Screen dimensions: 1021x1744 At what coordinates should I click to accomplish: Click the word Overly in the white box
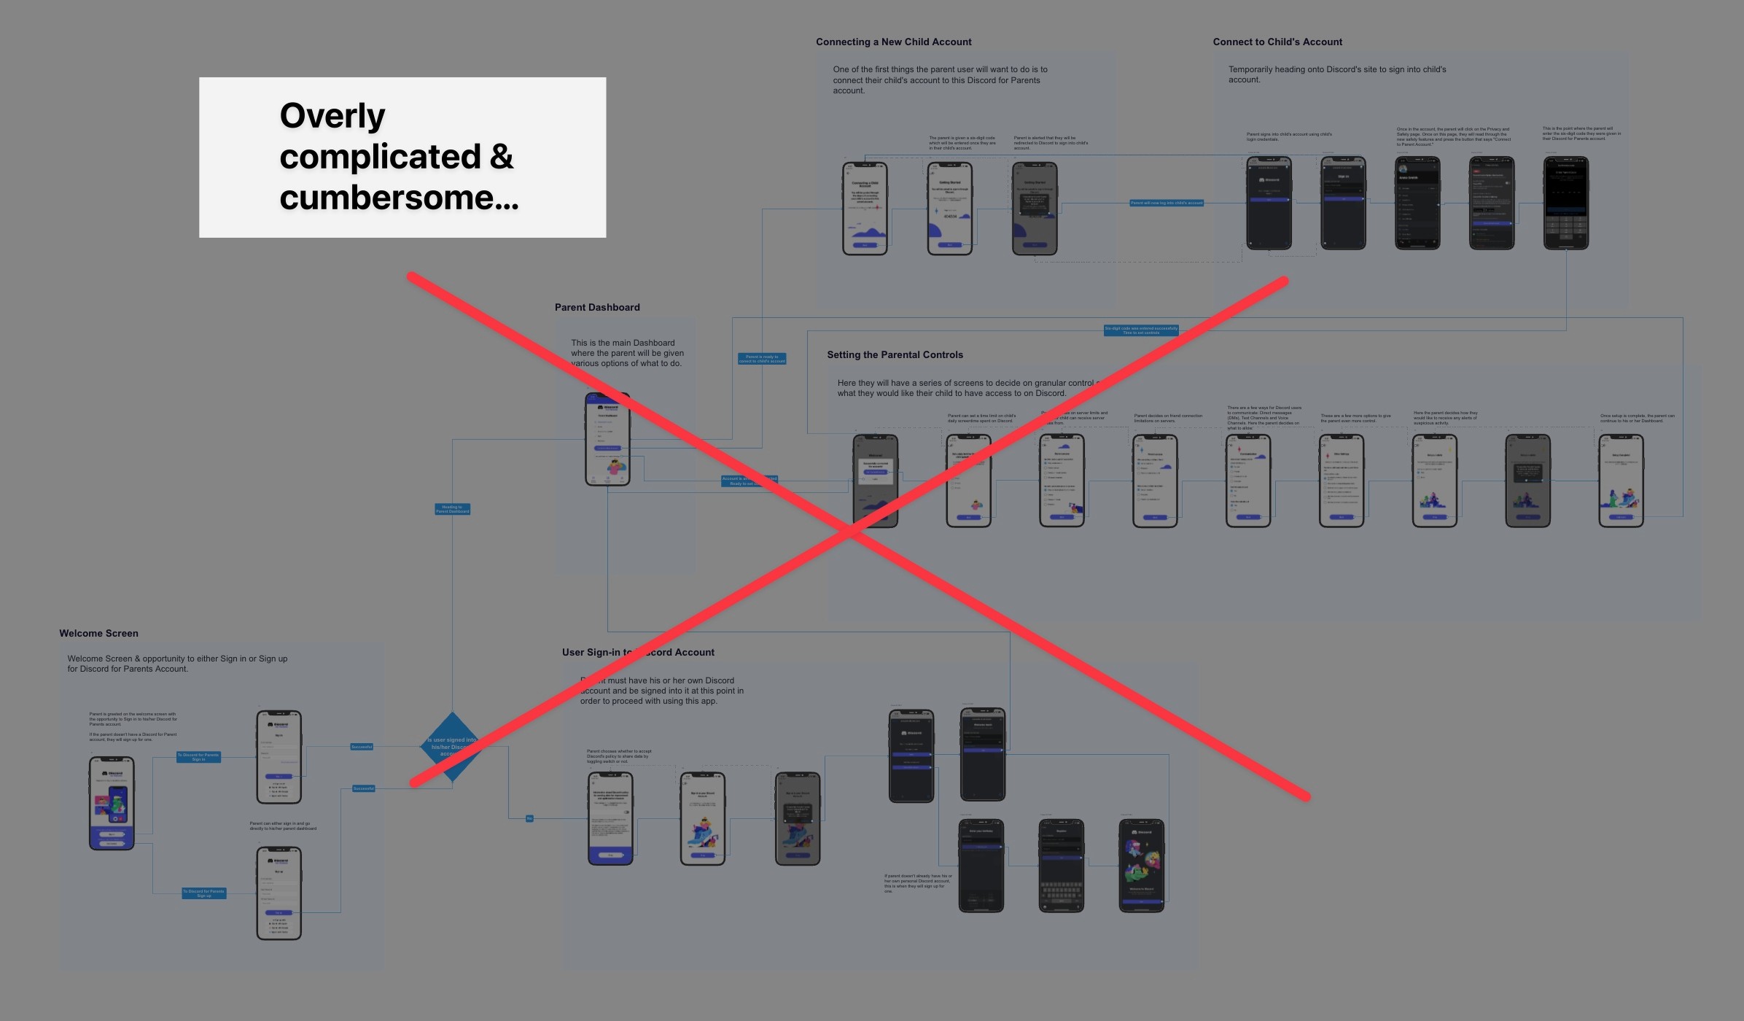tap(332, 116)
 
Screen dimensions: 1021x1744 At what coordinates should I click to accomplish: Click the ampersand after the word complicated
tap(502, 157)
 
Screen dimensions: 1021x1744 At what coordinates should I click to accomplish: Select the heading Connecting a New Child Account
tap(893, 42)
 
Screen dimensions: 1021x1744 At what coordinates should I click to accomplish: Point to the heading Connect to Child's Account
tap(1277, 42)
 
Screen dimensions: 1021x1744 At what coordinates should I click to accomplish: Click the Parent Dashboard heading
tap(597, 308)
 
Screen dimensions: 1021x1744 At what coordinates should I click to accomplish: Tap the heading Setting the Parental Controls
tap(895, 355)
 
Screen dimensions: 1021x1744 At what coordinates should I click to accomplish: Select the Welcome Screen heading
tap(98, 634)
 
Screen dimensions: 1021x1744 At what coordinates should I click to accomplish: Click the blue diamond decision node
tap(452, 746)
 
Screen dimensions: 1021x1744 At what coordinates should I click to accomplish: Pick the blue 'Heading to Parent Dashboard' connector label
tap(452, 509)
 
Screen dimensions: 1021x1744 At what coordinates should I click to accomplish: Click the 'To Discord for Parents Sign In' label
tap(198, 757)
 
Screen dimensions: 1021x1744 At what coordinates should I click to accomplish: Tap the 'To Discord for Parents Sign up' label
tap(203, 893)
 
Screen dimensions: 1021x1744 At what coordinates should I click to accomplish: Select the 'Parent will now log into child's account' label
tap(1167, 203)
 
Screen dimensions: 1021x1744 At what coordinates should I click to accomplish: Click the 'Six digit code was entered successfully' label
tap(1141, 330)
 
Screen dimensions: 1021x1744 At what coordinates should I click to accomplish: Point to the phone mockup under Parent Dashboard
tap(607, 439)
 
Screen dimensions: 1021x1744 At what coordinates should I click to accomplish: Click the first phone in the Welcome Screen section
tap(112, 803)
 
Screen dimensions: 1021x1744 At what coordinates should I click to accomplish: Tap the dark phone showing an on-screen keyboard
tap(1061, 866)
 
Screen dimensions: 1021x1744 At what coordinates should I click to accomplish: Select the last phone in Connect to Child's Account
tap(1565, 203)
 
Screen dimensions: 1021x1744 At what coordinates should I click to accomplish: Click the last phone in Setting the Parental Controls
tap(1621, 481)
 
